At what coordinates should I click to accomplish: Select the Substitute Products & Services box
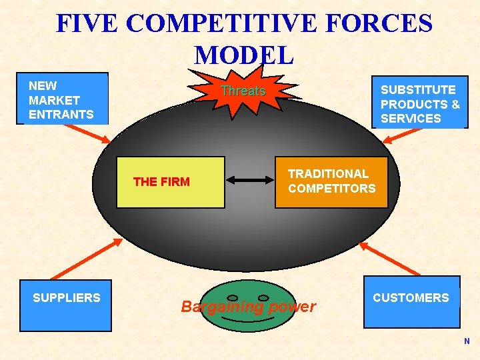point(420,102)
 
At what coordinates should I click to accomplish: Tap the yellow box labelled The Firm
point(171,182)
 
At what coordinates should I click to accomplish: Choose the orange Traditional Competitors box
point(331,181)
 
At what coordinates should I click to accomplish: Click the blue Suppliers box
point(65,303)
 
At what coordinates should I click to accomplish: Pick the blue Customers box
point(411,301)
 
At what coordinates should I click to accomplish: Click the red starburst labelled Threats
point(243,91)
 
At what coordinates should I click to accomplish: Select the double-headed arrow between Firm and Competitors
point(250,180)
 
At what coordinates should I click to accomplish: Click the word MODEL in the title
point(243,55)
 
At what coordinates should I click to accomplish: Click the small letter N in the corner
point(467,341)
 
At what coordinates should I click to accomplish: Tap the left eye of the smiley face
point(233,297)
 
